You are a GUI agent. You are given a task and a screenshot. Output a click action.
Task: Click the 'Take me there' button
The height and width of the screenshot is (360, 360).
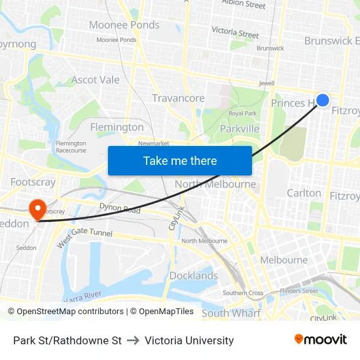tap(180, 160)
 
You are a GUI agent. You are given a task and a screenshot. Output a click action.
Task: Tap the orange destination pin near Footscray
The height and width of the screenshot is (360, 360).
tap(37, 209)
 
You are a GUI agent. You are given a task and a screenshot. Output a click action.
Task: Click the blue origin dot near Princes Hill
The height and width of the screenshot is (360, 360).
tap(323, 99)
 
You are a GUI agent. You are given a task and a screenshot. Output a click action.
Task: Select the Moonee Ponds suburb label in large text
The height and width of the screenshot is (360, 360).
tap(124, 25)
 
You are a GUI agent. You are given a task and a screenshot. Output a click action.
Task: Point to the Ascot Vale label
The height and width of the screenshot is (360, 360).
tap(96, 80)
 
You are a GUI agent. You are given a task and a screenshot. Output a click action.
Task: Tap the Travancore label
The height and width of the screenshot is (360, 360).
tap(178, 98)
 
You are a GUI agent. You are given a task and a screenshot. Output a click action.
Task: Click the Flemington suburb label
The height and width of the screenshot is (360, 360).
tap(117, 127)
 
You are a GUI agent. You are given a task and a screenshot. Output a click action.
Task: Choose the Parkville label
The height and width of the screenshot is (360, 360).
tap(240, 129)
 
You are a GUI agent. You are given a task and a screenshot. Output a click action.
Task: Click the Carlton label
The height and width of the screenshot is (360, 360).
tap(304, 193)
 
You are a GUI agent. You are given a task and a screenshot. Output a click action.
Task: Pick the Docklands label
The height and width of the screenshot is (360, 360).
tap(194, 276)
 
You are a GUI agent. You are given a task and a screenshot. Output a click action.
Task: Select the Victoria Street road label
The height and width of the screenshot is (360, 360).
tap(235, 31)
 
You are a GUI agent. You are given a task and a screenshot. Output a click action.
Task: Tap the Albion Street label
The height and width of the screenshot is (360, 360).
tap(243, 5)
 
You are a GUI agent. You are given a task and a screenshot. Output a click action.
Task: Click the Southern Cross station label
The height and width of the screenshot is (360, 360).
tap(243, 293)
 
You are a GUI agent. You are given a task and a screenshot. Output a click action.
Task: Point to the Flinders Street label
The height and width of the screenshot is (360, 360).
tap(298, 291)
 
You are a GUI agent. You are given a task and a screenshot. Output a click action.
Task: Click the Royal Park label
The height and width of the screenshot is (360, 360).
tap(242, 113)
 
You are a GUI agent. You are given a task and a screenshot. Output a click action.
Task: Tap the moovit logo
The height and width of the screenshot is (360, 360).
tap(321, 340)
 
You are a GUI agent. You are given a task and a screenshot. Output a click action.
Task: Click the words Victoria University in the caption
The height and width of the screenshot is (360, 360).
tap(189, 340)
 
